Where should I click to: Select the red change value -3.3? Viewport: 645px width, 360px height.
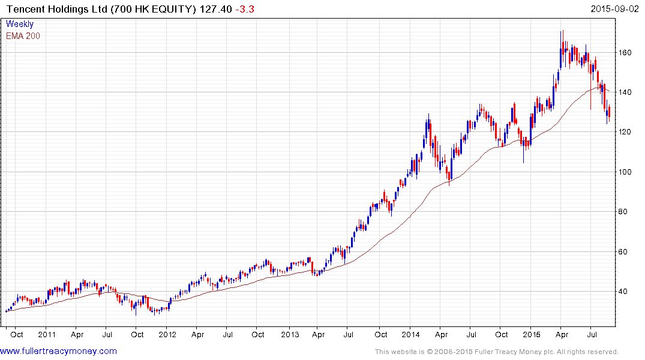[248, 10]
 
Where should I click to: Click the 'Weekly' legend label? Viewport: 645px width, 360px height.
[20, 24]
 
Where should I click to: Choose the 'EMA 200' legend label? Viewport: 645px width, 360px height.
[23, 35]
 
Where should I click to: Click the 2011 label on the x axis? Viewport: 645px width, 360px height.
[46, 334]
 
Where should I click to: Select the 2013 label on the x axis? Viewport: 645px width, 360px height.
[290, 334]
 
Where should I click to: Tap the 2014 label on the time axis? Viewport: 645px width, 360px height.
[411, 334]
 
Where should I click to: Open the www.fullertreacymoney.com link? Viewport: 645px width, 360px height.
[59, 351]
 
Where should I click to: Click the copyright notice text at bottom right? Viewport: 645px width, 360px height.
[497, 352]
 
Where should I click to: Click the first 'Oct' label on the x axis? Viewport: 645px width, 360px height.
[16, 334]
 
